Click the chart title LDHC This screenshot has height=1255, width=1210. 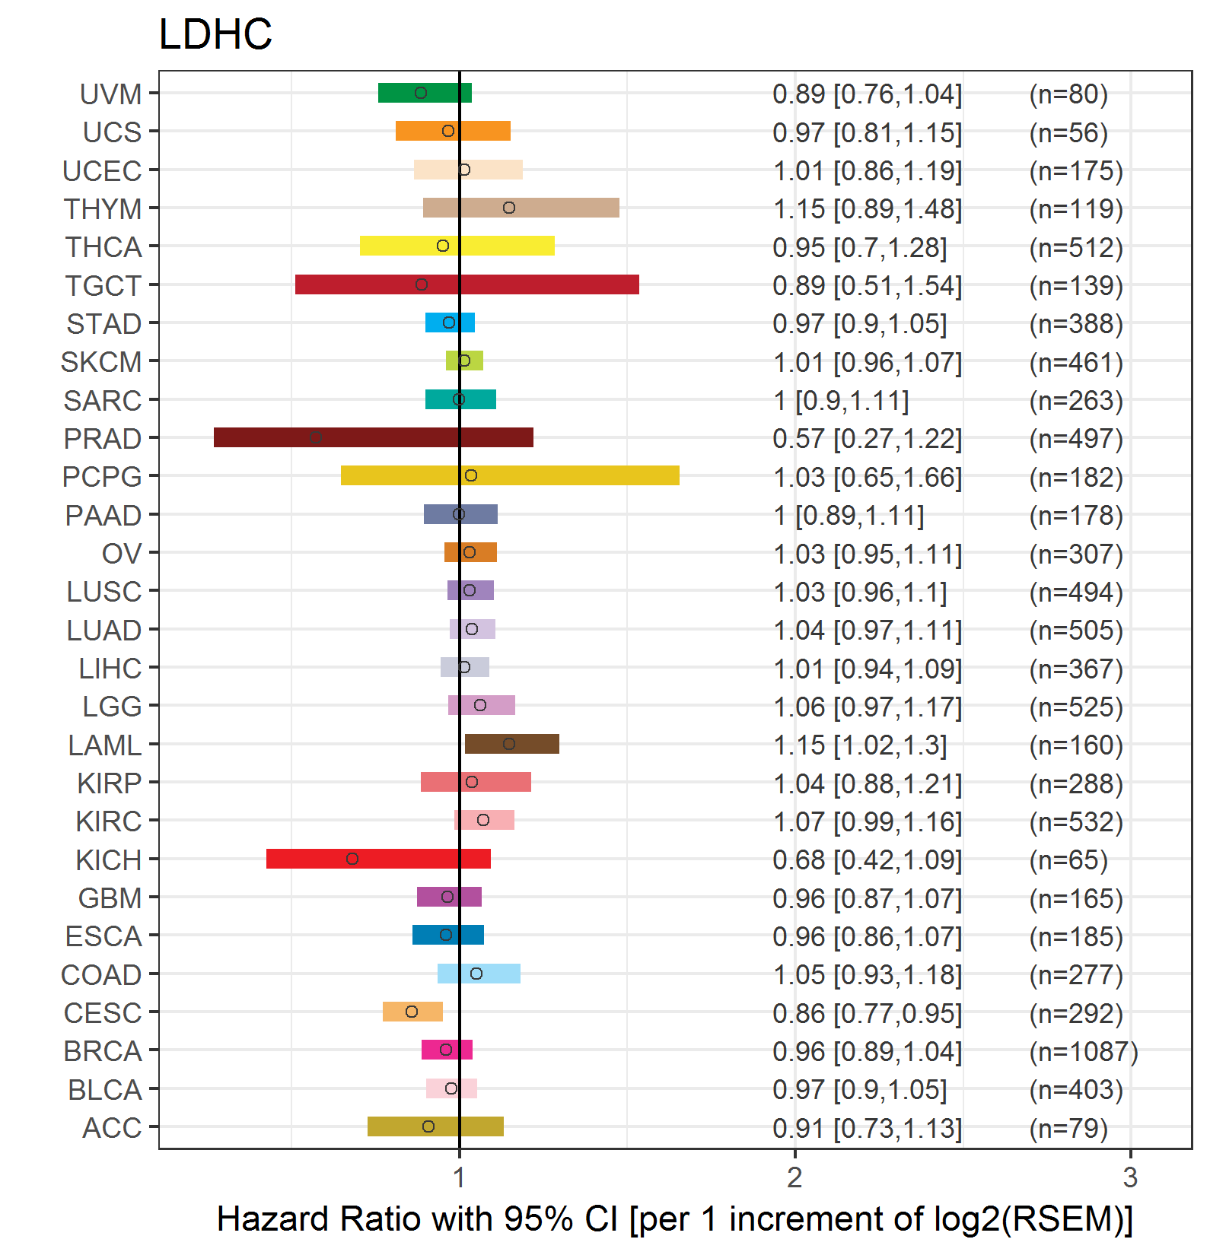(x=215, y=34)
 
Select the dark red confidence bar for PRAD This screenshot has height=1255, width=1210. (x=374, y=437)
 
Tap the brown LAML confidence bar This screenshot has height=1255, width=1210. (x=512, y=744)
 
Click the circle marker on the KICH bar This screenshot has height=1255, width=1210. (x=352, y=859)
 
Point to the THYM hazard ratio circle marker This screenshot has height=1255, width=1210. (x=509, y=208)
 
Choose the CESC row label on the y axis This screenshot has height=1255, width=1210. (x=103, y=1013)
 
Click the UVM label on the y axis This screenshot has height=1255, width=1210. (x=111, y=94)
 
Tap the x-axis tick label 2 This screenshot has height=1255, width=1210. (x=794, y=1177)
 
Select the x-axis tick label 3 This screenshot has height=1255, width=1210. (x=1130, y=1177)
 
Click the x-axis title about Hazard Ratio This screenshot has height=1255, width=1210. (x=675, y=1218)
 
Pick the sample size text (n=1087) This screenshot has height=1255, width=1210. (x=1084, y=1051)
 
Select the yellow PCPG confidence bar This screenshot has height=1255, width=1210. (x=510, y=475)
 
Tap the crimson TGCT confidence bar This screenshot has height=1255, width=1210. (x=467, y=284)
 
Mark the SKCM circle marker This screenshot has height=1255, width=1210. (x=464, y=361)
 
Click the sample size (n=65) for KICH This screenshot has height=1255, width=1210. (x=1068, y=859)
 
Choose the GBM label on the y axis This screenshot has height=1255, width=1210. (x=110, y=898)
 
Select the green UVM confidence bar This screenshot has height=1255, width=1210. (x=425, y=93)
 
